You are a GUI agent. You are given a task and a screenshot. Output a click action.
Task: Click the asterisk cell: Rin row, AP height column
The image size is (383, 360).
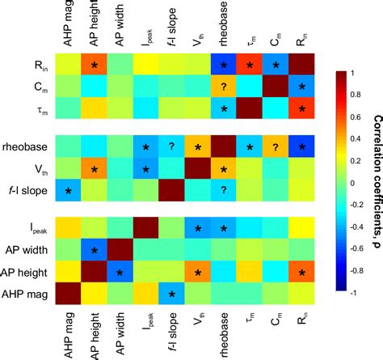(94, 65)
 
